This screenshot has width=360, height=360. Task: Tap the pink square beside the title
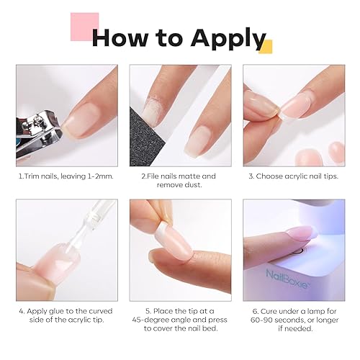pyautogui.click(x=84, y=27)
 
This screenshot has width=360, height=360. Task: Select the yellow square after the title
pyautogui.click(x=265, y=47)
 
